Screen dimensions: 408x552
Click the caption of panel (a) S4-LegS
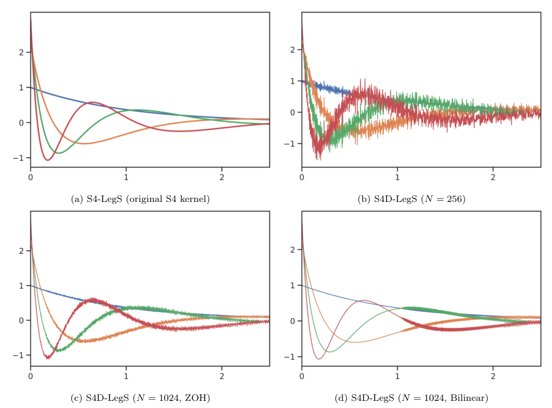point(140,198)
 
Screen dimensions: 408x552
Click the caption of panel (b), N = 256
point(411,198)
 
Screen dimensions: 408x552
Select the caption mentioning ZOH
point(140,397)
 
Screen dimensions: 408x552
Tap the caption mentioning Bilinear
point(411,397)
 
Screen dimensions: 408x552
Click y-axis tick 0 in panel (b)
point(291,112)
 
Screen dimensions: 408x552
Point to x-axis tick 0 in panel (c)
point(30,376)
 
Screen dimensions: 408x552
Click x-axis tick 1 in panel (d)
point(397,376)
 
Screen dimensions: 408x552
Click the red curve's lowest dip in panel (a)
point(48,160)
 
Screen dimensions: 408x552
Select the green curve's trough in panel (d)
point(330,352)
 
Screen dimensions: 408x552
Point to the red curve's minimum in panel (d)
point(319,359)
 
